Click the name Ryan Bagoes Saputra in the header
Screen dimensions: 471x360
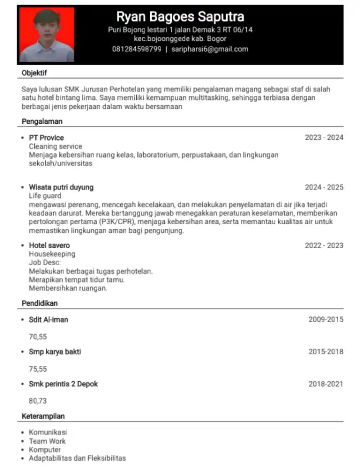click(180, 17)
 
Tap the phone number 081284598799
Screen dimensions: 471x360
click(137, 49)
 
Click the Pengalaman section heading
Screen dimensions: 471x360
click(42, 122)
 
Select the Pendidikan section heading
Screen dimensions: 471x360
click(40, 303)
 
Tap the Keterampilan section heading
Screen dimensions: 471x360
click(43, 416)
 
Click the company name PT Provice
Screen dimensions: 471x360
click(46, 138)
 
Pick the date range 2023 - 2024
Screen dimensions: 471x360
click(324, 138)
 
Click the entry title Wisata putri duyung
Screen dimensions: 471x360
click(61, 187)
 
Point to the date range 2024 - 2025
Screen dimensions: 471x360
click(324, 187)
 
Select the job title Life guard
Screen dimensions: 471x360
click(45, 195)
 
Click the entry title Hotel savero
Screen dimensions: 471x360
click(49, 245)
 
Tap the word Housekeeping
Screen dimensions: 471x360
click(52, 254)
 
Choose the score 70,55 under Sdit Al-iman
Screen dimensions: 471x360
click(38, 337)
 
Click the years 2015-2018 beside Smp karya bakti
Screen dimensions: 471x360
click(326, 352)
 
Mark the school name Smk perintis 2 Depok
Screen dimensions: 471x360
click(63, 384)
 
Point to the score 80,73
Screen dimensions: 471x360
click(38, 401)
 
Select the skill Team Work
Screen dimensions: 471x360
click(47, 441)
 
